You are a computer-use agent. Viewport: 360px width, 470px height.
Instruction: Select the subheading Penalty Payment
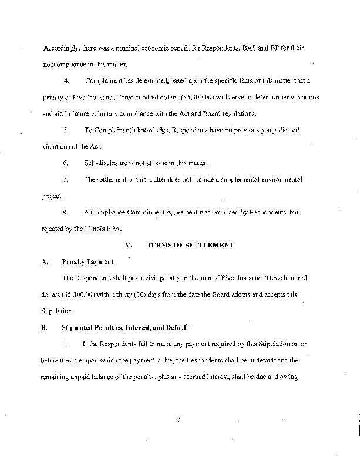point(88,261)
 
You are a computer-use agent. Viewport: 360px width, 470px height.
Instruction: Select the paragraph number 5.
point(66,129)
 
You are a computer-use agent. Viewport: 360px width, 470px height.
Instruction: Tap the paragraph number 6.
point(66,163)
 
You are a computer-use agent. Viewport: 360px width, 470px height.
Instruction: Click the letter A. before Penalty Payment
point(44,261)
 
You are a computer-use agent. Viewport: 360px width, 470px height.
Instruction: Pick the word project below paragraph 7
point(52,196)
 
